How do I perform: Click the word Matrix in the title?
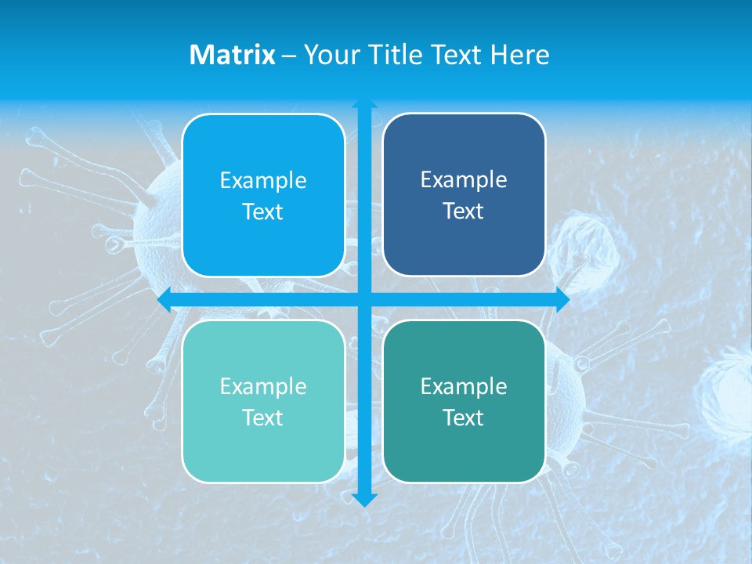(x=233, y=55)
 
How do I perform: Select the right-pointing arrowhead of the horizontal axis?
(x=562, y=300)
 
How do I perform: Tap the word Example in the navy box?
(x=464, y=179)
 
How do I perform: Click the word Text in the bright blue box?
(x=263, y=211)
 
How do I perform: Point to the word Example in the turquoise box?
(x=263, y=386)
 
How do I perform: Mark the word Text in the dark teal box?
(x=464, y=418)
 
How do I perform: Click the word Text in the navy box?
(x=464, y=211)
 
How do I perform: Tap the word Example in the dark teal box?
(x=464, y=386)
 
